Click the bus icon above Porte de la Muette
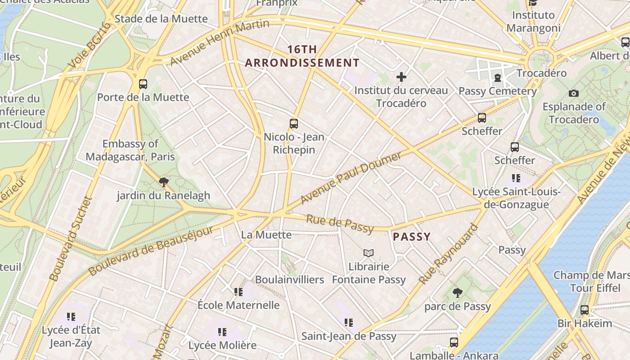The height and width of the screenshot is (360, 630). (x=143, y=84)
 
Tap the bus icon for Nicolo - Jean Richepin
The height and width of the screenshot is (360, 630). (x=294, y=123)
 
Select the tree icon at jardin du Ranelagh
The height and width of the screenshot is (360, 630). (x=164, y=182)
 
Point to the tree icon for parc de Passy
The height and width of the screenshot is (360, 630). (x=458, y=293)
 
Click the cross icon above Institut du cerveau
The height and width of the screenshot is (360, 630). (x=401, y=77)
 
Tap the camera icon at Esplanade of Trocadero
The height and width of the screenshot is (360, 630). (x=574, y=93)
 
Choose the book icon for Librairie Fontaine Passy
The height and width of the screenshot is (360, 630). (x=369, y=253)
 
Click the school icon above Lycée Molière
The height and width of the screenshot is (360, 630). (x=222, y=332)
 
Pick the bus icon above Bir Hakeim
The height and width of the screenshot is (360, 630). (x=585, y=310)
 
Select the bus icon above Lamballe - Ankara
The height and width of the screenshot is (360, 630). (x=454, y=342)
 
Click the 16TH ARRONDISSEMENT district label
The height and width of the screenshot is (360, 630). (x=302, y=56)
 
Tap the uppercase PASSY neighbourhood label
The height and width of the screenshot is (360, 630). (x=412, y=237)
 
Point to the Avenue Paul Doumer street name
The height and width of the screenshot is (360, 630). (x=351, y=178)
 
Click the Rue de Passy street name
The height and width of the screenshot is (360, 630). (x=340, y=224)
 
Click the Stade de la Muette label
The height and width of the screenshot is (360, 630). (x=161, y=19)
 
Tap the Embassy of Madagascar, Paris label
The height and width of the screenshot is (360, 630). (x=130, y=150)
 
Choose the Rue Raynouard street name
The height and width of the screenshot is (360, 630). (x=448, y=254)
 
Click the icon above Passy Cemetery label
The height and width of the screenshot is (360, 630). (x=498, y=78)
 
